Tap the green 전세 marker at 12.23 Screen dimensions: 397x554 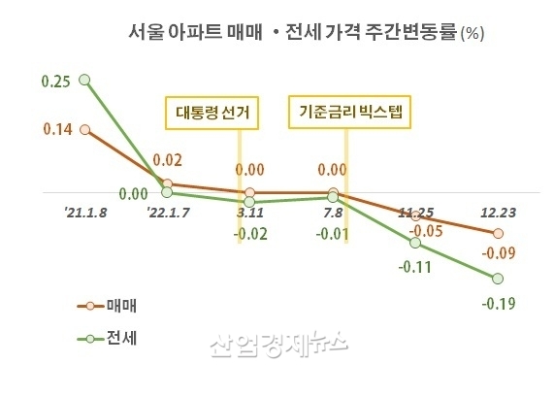tap(498, 280)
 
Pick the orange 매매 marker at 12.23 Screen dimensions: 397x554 tap(498, 234)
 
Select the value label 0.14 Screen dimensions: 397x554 tap(31, 129)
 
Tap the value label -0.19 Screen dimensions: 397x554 tap(497, 304)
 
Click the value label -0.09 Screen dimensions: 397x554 tap(499, 254)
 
